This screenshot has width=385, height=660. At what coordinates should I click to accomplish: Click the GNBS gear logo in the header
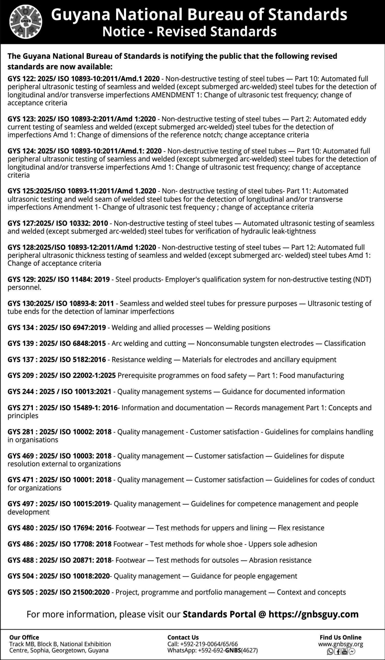(x=26, y=22)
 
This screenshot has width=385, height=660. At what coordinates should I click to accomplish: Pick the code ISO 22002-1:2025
(x=88, y=375)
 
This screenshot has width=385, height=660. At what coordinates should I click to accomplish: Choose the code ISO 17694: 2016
(x=86, y=528)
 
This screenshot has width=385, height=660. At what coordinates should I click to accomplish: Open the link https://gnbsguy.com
(x=313, y=614)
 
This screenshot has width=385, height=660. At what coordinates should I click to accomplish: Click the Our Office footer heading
(x=24, y=637)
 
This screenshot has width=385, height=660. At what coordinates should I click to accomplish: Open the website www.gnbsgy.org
(x=341, y=644)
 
